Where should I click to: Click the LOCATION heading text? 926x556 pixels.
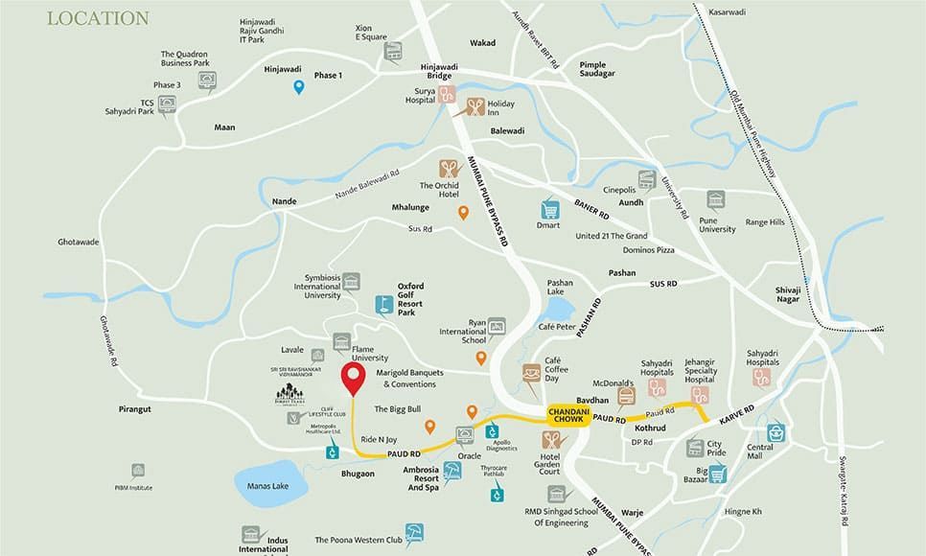98,18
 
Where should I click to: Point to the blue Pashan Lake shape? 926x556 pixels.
560,310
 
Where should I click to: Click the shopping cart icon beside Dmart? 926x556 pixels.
549,210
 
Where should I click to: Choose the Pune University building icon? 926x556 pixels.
716,200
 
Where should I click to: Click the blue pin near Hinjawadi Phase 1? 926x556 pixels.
299,88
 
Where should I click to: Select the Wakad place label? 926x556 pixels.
482,43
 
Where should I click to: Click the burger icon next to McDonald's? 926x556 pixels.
627,395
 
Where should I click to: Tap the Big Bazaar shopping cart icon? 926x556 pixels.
716,473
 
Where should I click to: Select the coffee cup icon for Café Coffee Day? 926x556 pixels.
530,373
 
